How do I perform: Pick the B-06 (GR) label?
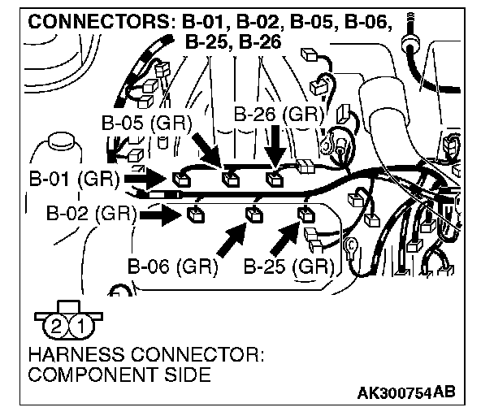coord(173,266)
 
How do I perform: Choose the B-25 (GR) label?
coord(288,266)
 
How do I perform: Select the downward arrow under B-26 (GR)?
coord(275,149)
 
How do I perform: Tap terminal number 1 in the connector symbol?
coord(80,327)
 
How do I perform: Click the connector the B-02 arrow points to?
coord(195,215)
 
